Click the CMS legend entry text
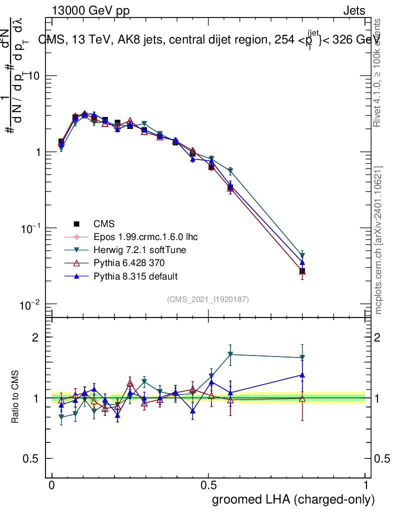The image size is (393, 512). click(x=104, y=224)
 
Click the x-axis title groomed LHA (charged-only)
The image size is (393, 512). click(x=294, y=499)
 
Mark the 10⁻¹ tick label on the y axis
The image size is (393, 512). click(x=30, y=228)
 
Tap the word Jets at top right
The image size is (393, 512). click(x=354, y=11)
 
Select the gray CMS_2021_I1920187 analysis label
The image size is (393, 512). click(x=208, y=299)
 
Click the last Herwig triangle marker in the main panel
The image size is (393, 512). click(x=302, y=255)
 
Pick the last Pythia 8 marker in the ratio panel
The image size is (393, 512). click(x=302, y=374)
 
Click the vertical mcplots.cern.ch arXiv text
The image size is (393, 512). click(x=379, y=240)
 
